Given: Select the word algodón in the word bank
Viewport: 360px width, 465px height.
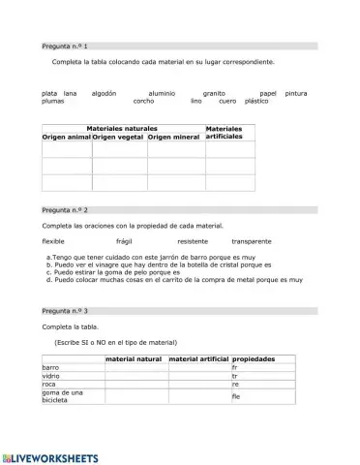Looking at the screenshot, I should pos(104,93).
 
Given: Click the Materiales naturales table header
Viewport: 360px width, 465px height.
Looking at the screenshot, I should pos(122,128).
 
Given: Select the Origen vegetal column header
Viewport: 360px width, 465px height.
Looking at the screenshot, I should pos(118,138).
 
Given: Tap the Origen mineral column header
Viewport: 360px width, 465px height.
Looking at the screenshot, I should pos(173,138).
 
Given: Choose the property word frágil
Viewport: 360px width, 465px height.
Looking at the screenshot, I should pos(123,240).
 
